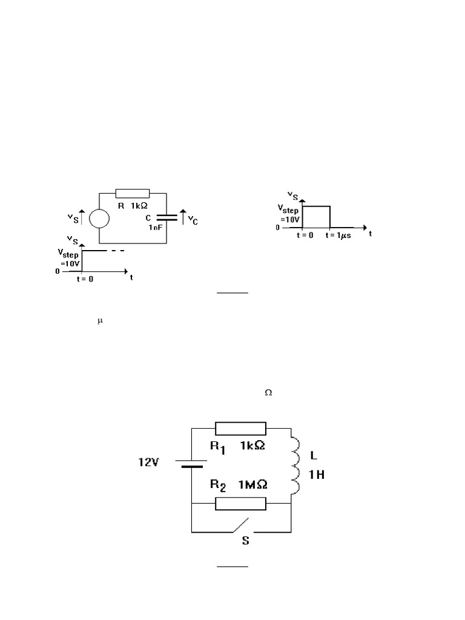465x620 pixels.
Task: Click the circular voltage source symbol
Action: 99,218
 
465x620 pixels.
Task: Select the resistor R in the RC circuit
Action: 132,193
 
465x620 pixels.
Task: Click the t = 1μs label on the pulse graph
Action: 339,235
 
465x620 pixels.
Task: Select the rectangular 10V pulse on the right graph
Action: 317,217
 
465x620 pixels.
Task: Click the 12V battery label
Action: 147,463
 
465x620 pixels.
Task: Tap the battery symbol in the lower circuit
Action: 192,464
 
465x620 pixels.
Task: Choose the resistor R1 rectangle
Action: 241,429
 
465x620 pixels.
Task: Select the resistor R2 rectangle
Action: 241,503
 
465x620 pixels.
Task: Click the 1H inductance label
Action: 317,475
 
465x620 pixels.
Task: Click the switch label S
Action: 245,541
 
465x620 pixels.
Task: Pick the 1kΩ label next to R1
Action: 252,446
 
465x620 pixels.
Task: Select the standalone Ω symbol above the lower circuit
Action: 268,393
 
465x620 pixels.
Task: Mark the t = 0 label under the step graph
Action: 85,279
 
